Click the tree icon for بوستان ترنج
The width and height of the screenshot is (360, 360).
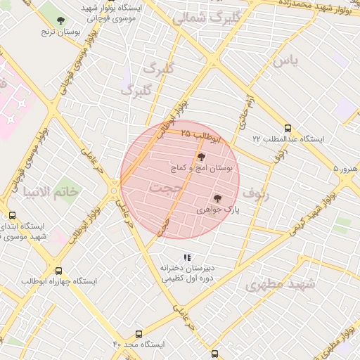coord(60,20)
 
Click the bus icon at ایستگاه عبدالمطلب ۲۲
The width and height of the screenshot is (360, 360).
coord(288,127)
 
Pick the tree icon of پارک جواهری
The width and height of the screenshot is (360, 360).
coord(217,199)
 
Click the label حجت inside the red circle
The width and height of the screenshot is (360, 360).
coord(166,188)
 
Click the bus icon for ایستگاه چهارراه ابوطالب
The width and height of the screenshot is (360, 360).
coord(58,270)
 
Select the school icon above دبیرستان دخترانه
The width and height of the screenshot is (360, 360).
coord(186,257)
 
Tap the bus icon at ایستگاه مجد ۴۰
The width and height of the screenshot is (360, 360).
coord(139,334)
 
